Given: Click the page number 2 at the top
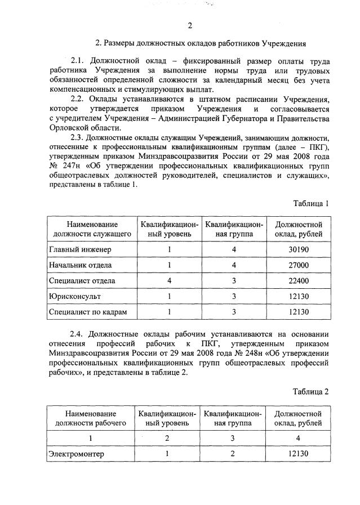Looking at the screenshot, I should [190, 25].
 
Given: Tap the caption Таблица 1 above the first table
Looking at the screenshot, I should [310, 203].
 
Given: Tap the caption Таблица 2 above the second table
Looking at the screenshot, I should [310, 391].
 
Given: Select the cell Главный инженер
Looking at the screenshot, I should [80, 249].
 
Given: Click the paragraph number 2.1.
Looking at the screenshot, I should [78, 61].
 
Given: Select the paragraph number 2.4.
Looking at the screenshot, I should [78, 332].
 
